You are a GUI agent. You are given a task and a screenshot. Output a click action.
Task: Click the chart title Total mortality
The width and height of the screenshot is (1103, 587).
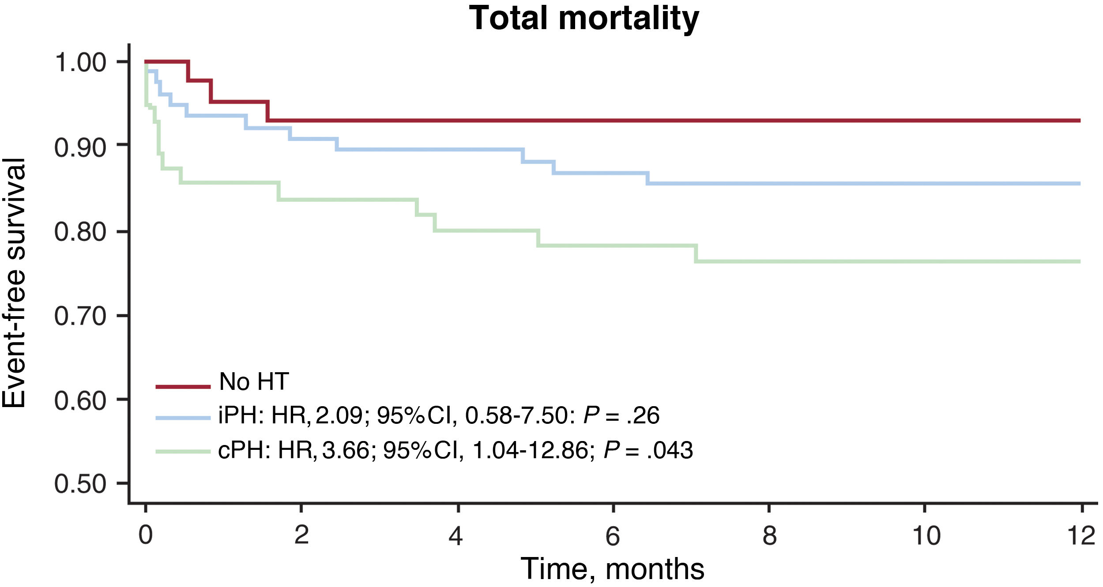click(x=584, y=19)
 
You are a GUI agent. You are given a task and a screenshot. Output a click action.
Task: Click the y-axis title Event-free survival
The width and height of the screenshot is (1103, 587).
click(x=14, y=283)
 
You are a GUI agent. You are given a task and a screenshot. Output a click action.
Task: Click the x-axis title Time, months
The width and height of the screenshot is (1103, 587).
click(x=612, y=569)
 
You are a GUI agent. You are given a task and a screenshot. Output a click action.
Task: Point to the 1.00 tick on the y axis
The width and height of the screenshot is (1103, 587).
click(x=80, y=62)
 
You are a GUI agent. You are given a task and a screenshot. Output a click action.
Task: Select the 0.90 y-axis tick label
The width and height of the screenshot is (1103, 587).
click(x=80, y=147)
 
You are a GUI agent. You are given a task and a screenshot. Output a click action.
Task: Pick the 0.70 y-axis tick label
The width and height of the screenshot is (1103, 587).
click(x=80, y=316)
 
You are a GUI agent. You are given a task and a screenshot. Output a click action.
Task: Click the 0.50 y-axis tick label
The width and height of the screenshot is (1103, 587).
click(x=80, y=484)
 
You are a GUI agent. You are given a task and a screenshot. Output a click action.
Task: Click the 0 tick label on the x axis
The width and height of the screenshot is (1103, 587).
click(x=146, y=535)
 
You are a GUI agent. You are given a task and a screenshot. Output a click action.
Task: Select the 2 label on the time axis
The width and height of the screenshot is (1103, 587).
click(x=301, y=535)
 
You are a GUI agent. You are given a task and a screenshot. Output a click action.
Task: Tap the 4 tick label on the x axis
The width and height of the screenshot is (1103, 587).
click(x=456, y=535)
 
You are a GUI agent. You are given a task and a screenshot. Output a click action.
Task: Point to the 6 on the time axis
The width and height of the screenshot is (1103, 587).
click(x=613, y=535)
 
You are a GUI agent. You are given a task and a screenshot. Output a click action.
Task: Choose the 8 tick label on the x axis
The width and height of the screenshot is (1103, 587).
click(x=769, y=535)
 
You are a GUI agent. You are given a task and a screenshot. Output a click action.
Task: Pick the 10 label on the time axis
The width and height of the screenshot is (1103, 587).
click(x=926, y=535)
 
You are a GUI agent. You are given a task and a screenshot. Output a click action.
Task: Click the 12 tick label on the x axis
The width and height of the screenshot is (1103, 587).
click(x=1081, y=535)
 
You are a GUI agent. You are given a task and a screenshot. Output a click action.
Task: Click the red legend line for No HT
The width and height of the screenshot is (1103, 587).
click(x=183, y=387)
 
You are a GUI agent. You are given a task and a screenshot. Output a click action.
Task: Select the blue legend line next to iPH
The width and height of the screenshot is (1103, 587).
click(x=183, y=418)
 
